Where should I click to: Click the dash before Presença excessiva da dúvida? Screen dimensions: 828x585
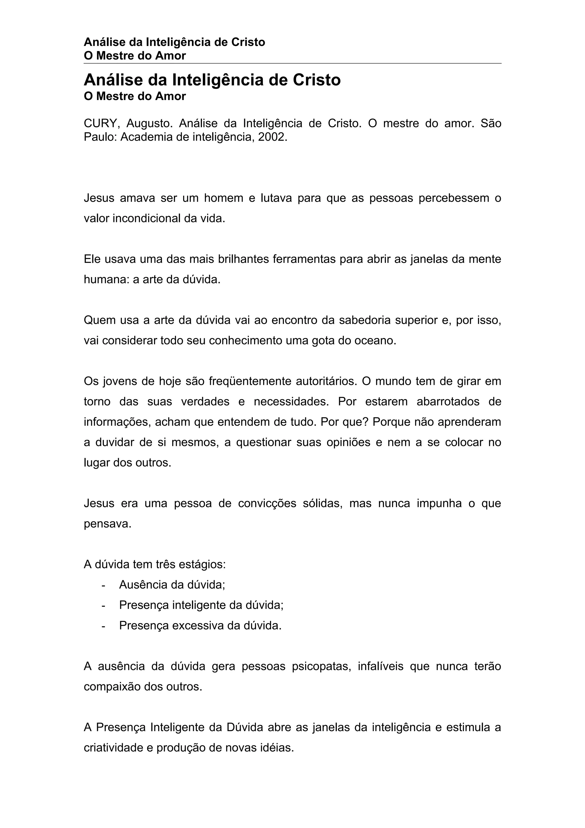click(x=104, y=626)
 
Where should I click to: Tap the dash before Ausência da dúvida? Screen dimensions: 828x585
click(x=104, y=585)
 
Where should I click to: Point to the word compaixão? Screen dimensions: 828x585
click(x=112, y=687)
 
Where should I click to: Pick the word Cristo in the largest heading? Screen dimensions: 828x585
click(x=316, y=80)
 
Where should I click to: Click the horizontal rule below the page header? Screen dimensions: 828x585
click(x=292, y=63)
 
